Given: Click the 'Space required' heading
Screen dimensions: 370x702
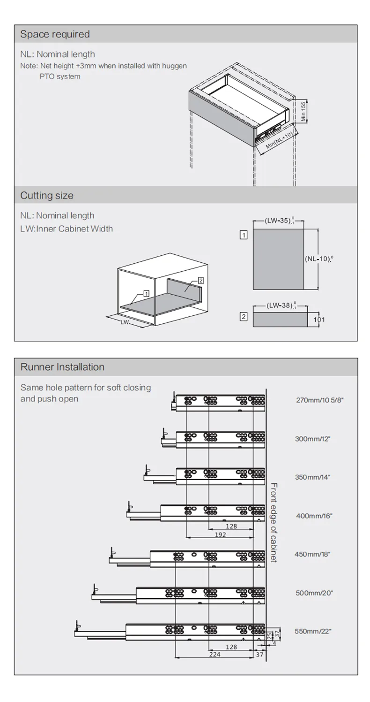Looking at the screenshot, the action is pyautogui.click(x=55, y=34).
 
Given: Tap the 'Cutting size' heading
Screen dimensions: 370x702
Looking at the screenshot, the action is pyautogui.click(x=47, y=196).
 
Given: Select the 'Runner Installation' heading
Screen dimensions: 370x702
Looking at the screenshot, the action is pyautogui.click(x=63, y=367).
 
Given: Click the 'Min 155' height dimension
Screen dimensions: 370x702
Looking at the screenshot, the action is pyautogui.click(x=303, y=112).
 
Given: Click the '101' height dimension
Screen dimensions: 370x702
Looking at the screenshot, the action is pyautogui.click(x=319, y=320).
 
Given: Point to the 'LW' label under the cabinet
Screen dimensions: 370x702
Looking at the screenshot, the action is pyautogui.click(x=125, y=322).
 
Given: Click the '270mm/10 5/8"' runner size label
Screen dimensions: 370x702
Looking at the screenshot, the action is pyautogui.click(x=319, y=400).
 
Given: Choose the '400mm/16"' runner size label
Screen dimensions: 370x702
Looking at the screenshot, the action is pyautogui.click(x=314, y=516).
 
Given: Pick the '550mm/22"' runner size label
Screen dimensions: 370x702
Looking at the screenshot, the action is pyautogui.click(x=313, y=631).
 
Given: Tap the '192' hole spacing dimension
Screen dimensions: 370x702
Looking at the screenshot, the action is pyautogui.click(x=220, y=534).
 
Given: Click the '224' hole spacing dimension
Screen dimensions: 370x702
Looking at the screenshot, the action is pyautogui.click(x=215, y=654).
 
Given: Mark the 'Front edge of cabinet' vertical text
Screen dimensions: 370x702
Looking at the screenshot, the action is pyautogui.click(x=274, y=523).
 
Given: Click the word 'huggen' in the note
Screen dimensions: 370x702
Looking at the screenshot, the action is pyautogui.click(x=173, y=66).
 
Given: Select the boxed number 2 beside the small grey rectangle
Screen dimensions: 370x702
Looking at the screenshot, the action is pyautogui.click(x=244, y=317).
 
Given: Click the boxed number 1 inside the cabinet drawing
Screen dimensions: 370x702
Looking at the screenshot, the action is pyautogui.click(x=146, y=294).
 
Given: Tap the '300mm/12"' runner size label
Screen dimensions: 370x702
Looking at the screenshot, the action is pyautogui.click(x=312, y=439).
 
